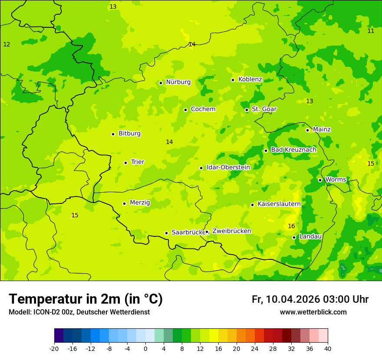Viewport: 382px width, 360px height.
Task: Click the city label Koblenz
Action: click(250, 79)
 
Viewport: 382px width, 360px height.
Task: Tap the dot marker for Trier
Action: click(125, 163)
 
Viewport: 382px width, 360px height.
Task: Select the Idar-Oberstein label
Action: click(228, 167)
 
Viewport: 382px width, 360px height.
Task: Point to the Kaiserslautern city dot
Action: click(252, 205)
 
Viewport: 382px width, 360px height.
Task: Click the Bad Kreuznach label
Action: click(293, 150)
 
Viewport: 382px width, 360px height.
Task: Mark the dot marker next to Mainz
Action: click(307, 130)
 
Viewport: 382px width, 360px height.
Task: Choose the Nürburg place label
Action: click(178, 82)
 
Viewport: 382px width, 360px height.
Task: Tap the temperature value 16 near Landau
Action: click(291, 226)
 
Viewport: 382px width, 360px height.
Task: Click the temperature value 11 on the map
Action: click(371, 31)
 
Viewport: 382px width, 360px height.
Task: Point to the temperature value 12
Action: click(7, 45)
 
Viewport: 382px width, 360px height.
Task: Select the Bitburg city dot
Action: click(113, 134)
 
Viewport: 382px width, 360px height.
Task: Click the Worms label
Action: click(336, 180)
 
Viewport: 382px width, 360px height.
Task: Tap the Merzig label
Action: click(140, 203)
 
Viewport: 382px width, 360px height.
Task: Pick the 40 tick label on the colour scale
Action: click(328, 348)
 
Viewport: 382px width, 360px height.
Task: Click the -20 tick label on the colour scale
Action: click(54, 348)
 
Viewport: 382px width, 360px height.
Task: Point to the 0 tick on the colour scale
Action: click(145, 348)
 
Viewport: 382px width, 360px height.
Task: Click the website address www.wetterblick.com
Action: click(313, 312)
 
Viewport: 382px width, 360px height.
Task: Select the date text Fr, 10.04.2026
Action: click(286, 299)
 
